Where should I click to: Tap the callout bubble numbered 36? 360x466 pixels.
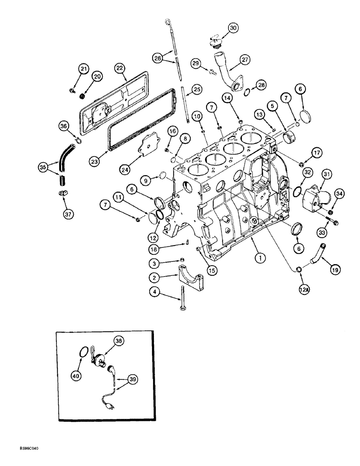pos(64,126)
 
